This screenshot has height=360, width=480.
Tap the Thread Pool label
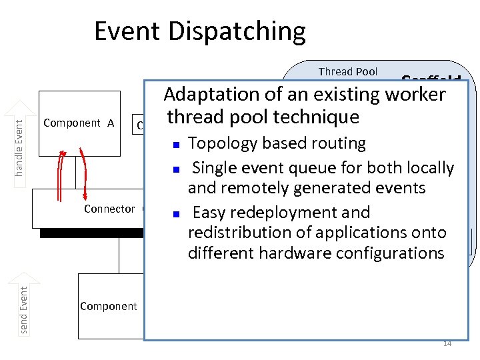[x=347, y=71]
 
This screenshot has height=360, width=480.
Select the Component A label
[x=79, y=123]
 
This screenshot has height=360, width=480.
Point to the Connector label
[x=109, y=209]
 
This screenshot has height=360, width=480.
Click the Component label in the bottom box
[x=108, y=306]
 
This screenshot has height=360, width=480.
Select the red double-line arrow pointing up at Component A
[x=61, y=175]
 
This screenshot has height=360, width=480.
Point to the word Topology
[x=218, y=143]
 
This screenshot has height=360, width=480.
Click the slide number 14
[x=447, y=343]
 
